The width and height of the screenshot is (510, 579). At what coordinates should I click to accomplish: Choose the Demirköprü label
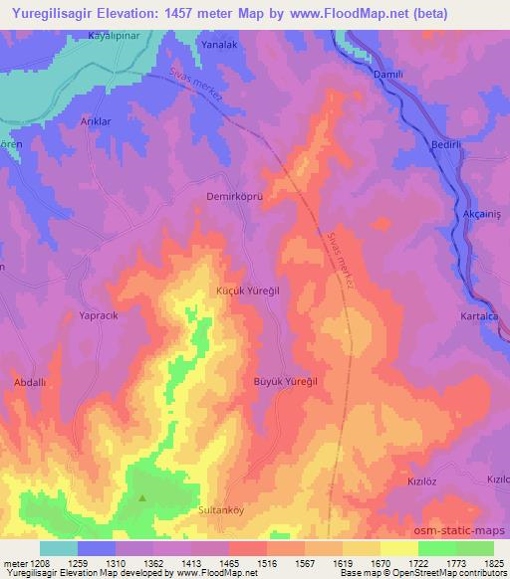click(x=233, y=197)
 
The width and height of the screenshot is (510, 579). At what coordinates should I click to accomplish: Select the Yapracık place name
click(x=99, y=316)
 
